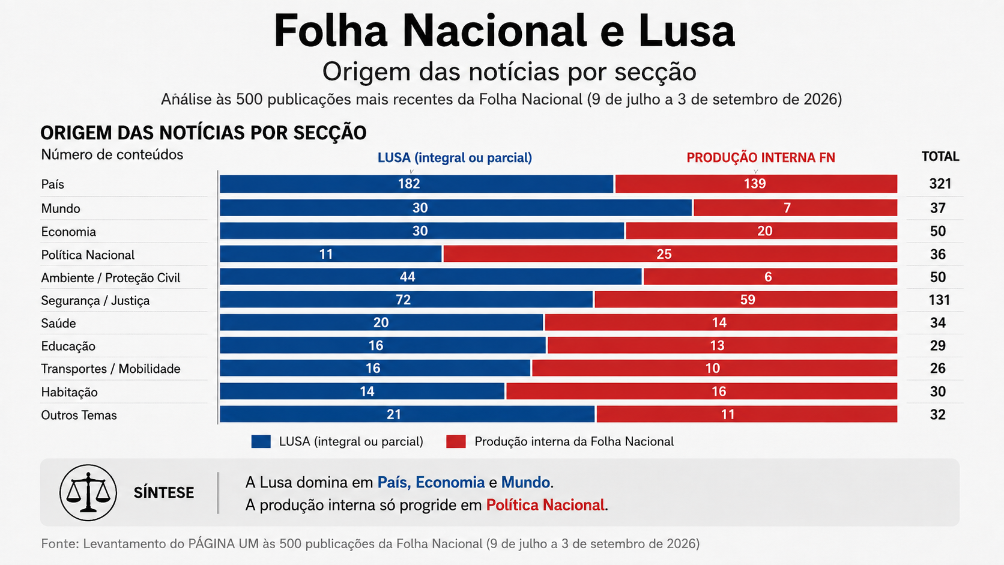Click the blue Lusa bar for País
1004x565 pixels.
416,184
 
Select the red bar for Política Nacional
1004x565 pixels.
670,253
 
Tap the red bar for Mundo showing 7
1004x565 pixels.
795,208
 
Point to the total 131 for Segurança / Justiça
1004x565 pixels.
939,300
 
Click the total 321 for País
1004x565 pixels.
940,184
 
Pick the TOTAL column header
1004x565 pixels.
940,156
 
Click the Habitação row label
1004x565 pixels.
69,392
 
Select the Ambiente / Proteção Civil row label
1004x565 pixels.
110,278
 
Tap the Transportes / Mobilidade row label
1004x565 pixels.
110,369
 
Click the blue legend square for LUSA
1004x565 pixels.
261,442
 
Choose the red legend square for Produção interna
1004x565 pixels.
456,442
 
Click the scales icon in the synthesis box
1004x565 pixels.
88,493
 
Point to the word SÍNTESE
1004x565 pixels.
163,493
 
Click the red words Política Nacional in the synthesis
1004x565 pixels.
545,505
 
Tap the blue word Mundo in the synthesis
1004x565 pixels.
525,482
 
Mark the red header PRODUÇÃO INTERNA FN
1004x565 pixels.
761,158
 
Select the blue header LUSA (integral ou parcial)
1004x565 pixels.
455,158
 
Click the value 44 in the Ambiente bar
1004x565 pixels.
408,276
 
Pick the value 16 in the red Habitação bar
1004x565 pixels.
719,391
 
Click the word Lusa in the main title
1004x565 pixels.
687,31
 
